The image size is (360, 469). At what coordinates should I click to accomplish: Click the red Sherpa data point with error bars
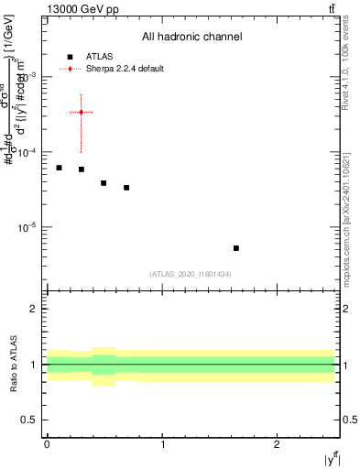click(82, 112)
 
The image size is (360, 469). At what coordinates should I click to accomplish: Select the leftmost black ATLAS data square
click(59, 168)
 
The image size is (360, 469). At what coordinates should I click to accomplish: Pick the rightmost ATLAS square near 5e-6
click(236, 248)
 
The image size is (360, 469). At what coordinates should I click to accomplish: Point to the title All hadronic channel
click(191, 37)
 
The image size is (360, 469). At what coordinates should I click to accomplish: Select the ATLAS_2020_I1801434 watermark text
click(191, 274)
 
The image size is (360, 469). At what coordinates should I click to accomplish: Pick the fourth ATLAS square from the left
click(126, 188)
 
